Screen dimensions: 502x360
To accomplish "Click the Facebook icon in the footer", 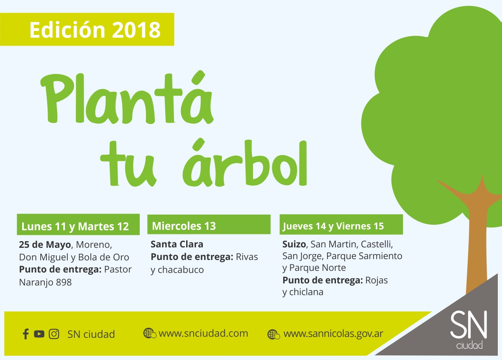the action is click(26, 334).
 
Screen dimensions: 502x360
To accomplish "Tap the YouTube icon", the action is click(39, 334).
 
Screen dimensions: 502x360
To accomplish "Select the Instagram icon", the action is click(54, 334).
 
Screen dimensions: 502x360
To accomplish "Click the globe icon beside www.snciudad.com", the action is click(150, 333).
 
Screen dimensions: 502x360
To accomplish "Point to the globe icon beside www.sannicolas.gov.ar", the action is click(274, 334).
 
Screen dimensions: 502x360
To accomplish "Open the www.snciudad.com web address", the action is click(203, 333).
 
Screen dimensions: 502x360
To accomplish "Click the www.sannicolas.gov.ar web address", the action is click(333, 334).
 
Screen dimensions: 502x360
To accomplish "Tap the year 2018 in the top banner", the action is click(136, 30).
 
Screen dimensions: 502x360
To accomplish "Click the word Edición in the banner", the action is click(67, 30).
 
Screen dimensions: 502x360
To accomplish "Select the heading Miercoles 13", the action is click(184, 226).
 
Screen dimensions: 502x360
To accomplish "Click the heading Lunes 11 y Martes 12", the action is click(75, 226).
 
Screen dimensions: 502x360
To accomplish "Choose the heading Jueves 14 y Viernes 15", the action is click(333, 226).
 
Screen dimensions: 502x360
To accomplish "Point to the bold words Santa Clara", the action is click(177, 244).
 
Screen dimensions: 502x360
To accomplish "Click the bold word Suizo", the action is click(294, 244).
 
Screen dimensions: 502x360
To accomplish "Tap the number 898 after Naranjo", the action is click(64, 282).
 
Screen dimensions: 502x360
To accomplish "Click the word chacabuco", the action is click(181, 270).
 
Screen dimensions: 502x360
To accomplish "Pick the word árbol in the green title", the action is click(245, 162).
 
